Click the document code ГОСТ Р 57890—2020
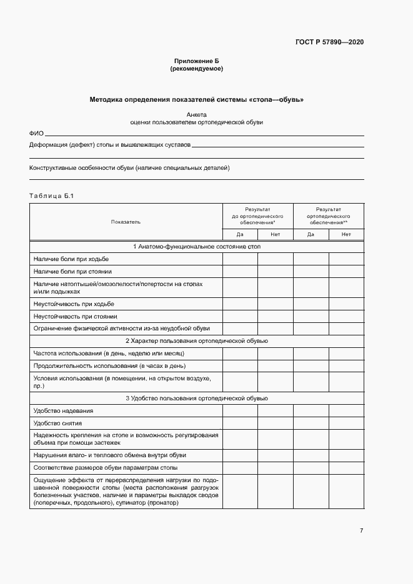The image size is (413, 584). [329, 42]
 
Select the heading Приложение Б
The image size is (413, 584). [196, 61]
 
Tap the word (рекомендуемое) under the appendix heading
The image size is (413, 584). [196, 69]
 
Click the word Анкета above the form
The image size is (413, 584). [196, 114]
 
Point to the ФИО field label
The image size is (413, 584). [36, 134]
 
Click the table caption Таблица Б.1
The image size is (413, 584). [52, 197]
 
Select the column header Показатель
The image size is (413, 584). [126, 222]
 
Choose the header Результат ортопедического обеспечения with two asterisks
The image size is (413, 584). [328, 215]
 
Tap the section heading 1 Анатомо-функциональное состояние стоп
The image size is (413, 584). [196, 247]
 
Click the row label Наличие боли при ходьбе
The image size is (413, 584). [71, 259]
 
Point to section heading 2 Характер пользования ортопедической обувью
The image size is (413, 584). [196, 341]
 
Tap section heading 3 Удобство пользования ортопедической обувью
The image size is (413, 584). [196, 398]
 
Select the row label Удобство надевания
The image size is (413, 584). [63, 411]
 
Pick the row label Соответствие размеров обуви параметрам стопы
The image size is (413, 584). [105, 468]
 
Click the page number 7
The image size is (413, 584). [361, 531]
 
